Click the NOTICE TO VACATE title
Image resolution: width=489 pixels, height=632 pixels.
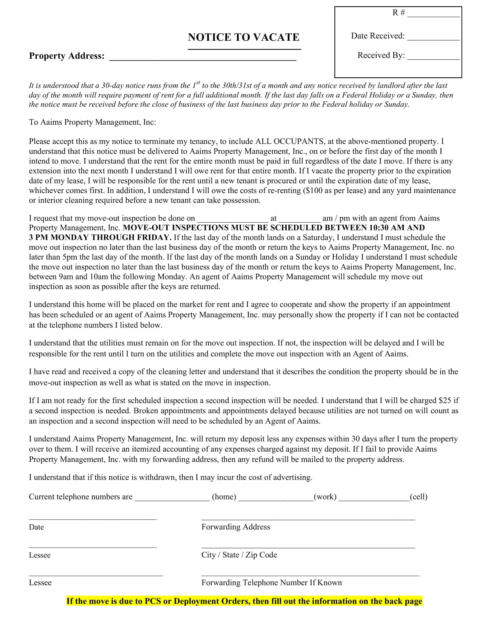pyautogui.click(x=243, y=37)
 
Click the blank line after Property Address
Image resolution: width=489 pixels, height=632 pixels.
pyautogui.click(x=203, y=58)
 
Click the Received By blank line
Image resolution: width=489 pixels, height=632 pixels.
pyautogui.click(x=433, y=57)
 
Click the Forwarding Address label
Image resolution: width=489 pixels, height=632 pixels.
pyautogui.click(x=236, y=527)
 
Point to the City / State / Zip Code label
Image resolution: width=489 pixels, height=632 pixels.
pyautogui.click(x=239, y=555)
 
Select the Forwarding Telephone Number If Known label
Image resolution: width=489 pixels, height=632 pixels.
pyautogui.click(x=272, y=583)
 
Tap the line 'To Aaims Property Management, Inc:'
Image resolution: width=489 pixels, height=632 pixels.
pyautogui.click(x=92, y=122)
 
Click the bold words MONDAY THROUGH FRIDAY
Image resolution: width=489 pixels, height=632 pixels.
pyautogui.click(x=111, y=238)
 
